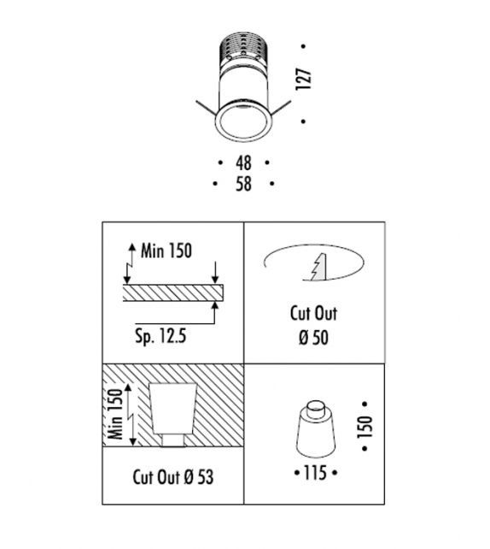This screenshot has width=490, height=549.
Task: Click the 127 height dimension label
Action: (303, 80)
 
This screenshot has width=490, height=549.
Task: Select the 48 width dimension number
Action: (243, 162)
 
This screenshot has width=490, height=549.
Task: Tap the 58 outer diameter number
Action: (243, 184)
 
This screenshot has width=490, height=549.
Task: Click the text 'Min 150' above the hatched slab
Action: (166, 251)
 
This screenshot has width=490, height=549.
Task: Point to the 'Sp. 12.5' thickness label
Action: (160, 337)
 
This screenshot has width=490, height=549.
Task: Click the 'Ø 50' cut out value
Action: (313, 338)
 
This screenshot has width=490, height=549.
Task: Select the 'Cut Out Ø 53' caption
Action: (173, 477)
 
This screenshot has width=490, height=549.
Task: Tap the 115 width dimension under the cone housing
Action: (315, 473)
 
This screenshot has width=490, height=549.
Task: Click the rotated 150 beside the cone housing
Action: (365, 427)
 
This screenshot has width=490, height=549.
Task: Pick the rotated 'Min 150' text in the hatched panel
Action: (116, 414)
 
